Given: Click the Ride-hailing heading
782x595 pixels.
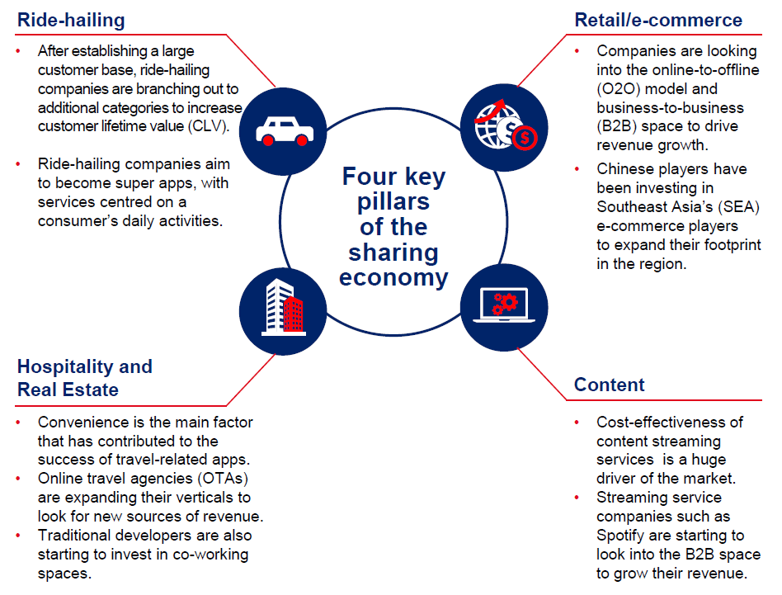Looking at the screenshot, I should (x=71, y=20).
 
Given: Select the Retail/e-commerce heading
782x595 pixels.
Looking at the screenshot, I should (x=658, y=20).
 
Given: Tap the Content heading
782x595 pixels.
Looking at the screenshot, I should (x=610, y=385).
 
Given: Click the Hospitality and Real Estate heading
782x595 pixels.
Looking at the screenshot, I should (x=84, y=378).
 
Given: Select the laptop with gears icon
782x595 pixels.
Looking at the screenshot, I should (x=502, y=306).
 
